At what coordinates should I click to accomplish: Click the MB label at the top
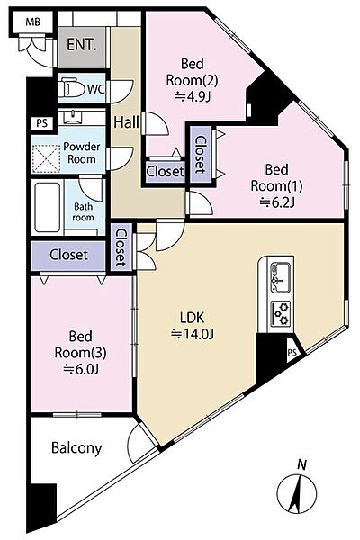tap(33, 22)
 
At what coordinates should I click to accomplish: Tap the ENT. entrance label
tap(81, 45)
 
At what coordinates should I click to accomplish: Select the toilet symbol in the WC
tap(71, 88)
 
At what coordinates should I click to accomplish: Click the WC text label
tap(95, 89)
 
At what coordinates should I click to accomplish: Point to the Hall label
tap(126, 122)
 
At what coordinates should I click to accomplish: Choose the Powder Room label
tap(82, 153)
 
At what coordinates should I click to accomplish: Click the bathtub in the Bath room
tap(48, 207)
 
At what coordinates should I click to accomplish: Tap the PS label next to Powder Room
tap(42, 123)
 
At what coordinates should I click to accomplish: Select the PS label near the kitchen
tap(292, 353)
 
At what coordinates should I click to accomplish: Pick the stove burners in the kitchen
tap(281, 314)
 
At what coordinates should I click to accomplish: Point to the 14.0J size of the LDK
tap(193, 334)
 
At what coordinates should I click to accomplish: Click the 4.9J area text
tap(193, 97)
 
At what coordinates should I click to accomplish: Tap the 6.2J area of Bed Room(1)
tap(277, 202)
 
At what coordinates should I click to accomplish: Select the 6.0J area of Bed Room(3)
tap(81, 369)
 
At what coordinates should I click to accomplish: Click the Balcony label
tap(76, 447)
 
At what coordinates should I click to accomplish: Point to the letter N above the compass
tap(302, 465)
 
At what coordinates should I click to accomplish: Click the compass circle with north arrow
tap(297, 493)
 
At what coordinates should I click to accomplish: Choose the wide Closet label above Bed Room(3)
tap(68, 255)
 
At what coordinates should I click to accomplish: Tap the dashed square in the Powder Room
tap(46, 158)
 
